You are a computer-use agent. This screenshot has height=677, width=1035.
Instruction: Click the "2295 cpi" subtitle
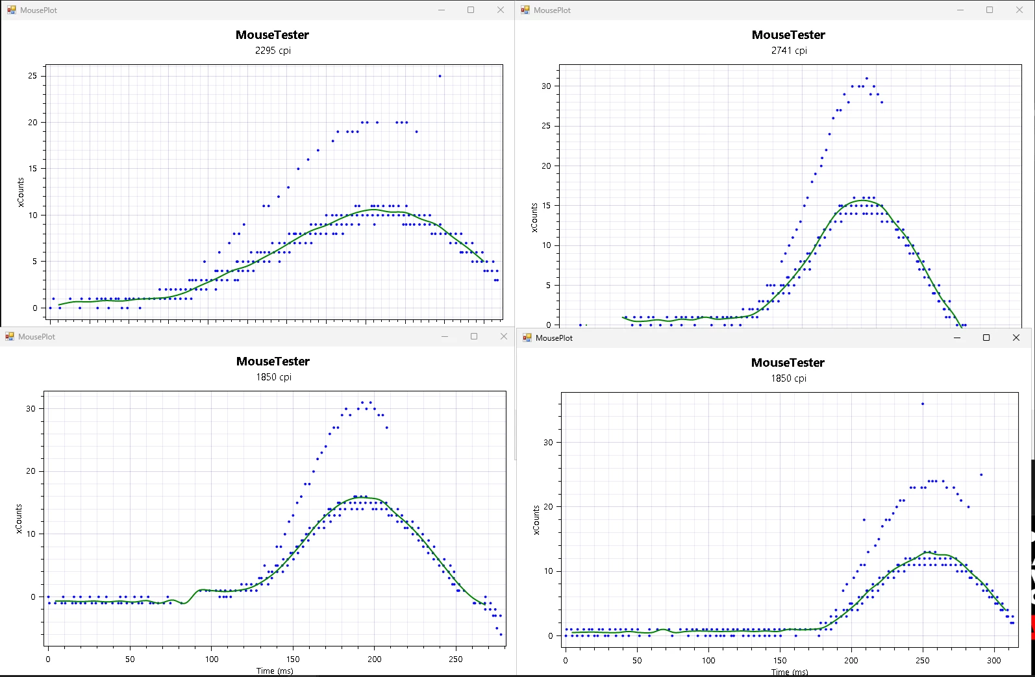(273, 51)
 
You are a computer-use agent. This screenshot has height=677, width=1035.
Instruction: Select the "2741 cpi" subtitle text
(789, 51)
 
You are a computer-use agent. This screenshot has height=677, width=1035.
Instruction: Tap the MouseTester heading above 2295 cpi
(272, 35)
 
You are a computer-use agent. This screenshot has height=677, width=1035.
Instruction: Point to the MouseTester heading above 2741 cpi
(788, 35)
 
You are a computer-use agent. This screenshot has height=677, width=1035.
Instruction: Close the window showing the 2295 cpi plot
(501, 10)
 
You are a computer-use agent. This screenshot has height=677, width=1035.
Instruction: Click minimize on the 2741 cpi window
(960, 10)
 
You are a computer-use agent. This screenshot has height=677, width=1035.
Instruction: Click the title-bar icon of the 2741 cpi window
(525, 10)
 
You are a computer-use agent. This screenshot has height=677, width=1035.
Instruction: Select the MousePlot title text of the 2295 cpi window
(38, 10)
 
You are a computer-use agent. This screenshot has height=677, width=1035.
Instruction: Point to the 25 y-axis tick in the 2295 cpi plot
(32, 76)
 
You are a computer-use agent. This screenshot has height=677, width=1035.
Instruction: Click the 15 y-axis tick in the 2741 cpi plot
(546, 206)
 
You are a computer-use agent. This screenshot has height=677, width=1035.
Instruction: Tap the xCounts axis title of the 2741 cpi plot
(534, 217)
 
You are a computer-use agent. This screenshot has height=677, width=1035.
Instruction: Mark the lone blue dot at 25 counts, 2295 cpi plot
(440, 76)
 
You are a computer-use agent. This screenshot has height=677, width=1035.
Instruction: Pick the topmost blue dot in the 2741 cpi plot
(866, 79)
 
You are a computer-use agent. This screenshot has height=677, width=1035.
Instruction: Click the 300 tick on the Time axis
(993, 661)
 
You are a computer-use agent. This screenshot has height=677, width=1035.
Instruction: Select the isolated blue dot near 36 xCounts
(922, 404)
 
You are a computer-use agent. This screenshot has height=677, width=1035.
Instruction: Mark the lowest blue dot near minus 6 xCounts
(501, 635)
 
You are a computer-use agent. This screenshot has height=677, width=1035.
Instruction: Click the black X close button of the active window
(1016, 338)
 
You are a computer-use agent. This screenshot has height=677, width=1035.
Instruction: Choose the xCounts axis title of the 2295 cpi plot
(21, 193)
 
